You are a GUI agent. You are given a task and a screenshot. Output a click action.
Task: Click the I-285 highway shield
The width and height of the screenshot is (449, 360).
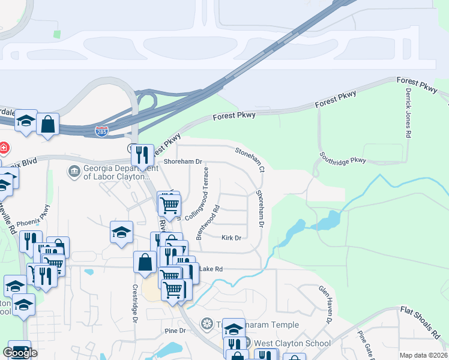101,130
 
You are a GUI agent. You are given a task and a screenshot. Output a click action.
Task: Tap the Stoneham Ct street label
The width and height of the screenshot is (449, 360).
250,160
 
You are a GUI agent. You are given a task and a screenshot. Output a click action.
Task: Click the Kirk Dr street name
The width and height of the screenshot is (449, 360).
231,238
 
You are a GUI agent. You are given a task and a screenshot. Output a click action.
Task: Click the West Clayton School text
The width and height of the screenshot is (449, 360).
292,344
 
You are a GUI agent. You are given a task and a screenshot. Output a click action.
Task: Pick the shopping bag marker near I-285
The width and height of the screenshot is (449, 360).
47,125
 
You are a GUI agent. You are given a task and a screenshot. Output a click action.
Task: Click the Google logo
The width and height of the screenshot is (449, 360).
20,353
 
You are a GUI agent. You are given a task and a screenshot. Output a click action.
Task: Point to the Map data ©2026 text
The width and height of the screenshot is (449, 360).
423,355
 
